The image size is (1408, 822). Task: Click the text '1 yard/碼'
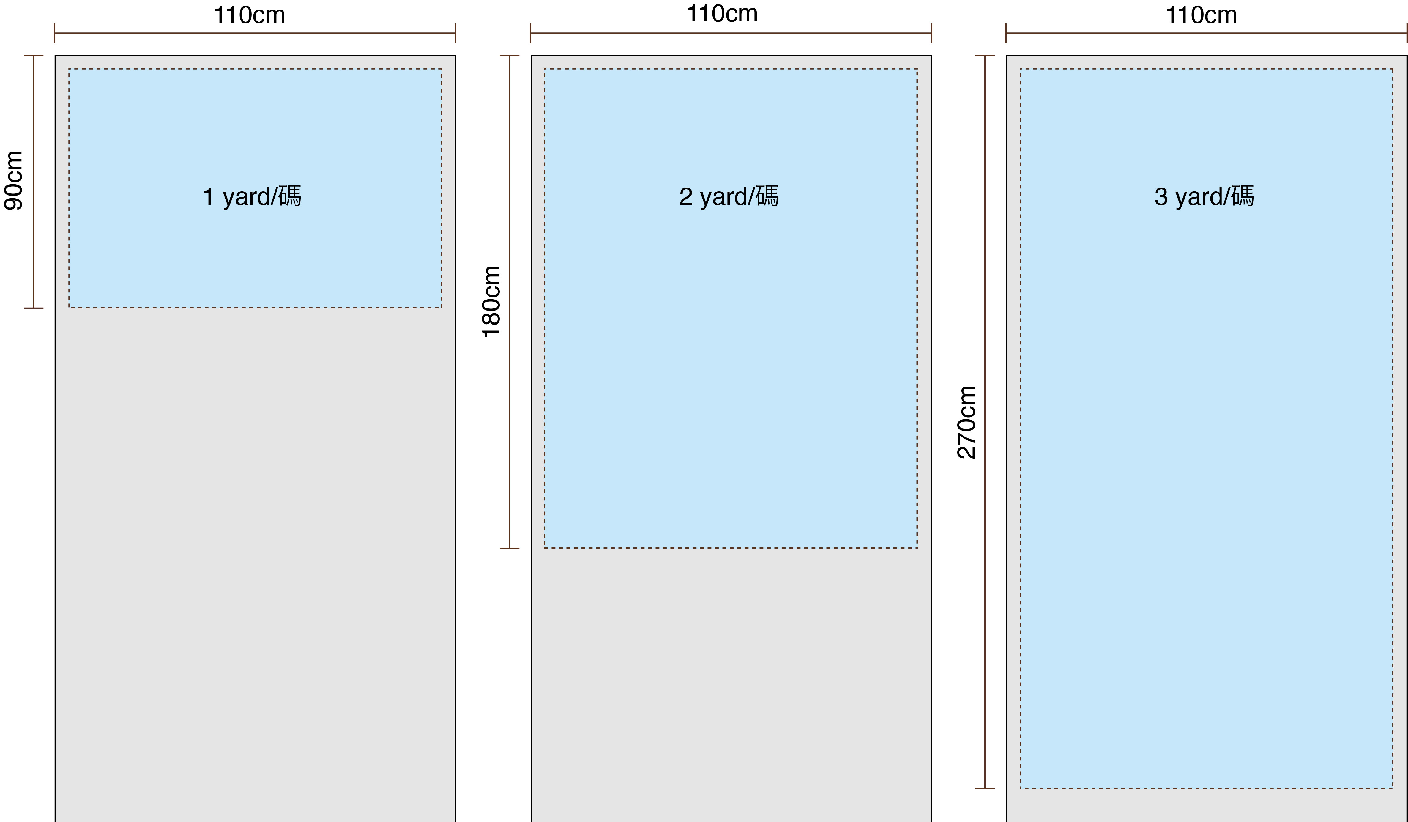click(252, 196)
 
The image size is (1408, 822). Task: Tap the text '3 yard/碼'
click(1204, 196)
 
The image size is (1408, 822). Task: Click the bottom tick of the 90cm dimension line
click(34, 308)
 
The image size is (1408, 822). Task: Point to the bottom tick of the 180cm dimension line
click(510, 548)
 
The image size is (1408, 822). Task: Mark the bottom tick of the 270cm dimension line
click(985, 788)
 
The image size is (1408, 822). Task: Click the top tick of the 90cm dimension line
click(34, 55)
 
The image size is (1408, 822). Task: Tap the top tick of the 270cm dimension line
click(985, 55)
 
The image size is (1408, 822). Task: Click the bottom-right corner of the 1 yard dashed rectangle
click(442, 307)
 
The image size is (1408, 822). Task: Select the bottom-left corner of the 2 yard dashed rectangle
click(545, 548)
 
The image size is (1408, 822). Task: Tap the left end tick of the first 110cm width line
click(55, 33)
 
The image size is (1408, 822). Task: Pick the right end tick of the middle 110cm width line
click(931, 33)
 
